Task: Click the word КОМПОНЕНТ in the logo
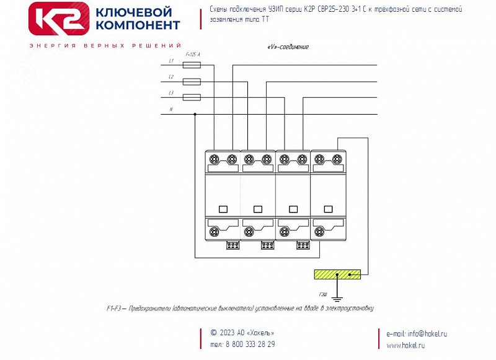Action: (x=138, y=25)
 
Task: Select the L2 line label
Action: (x=171, y=77)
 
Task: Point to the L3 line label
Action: (x=171, y=93)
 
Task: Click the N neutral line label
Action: (x=171, y=110)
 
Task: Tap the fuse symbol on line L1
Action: (x=192, y=65)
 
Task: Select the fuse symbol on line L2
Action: (x=192, y=81)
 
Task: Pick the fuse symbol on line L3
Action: (x=192, y=97)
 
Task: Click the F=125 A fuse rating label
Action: (x=193, y=55)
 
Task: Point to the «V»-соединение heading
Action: (x=287, y=47)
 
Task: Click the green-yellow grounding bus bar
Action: (x=337, y=274)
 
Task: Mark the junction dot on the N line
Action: (x=195, y=114)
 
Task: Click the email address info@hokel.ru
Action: (x=420, y=333)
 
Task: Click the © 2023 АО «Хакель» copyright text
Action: (x=242, y=333)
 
